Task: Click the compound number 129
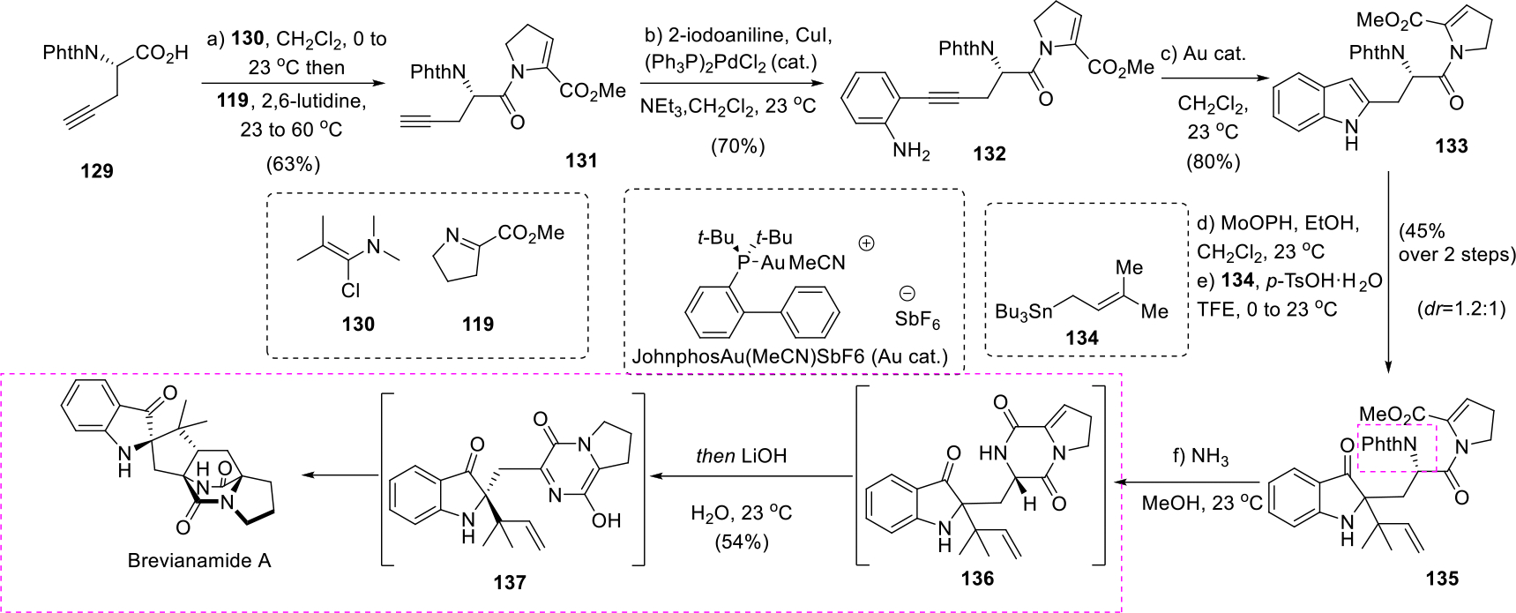pos(97,171)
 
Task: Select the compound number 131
pos(581,161)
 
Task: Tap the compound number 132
pos(990,153)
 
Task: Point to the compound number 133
pos(1451,146)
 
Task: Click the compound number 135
pos(1442,579)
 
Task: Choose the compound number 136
pos(977,578)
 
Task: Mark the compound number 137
pos(510,582)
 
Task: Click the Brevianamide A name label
pos(199,561)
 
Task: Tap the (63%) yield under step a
pos(293,164)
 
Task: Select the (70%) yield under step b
pos(738,146)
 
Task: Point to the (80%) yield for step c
pos(1213,161)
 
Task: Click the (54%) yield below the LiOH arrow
pos(741,542)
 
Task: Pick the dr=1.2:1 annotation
pos(1454,310)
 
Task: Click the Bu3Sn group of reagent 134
pos(1023,311)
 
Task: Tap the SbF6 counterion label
pos(917,320)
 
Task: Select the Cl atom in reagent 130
pos(351,290)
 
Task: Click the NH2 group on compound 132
pos(911,152)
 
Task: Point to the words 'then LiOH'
pos(741,456)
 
